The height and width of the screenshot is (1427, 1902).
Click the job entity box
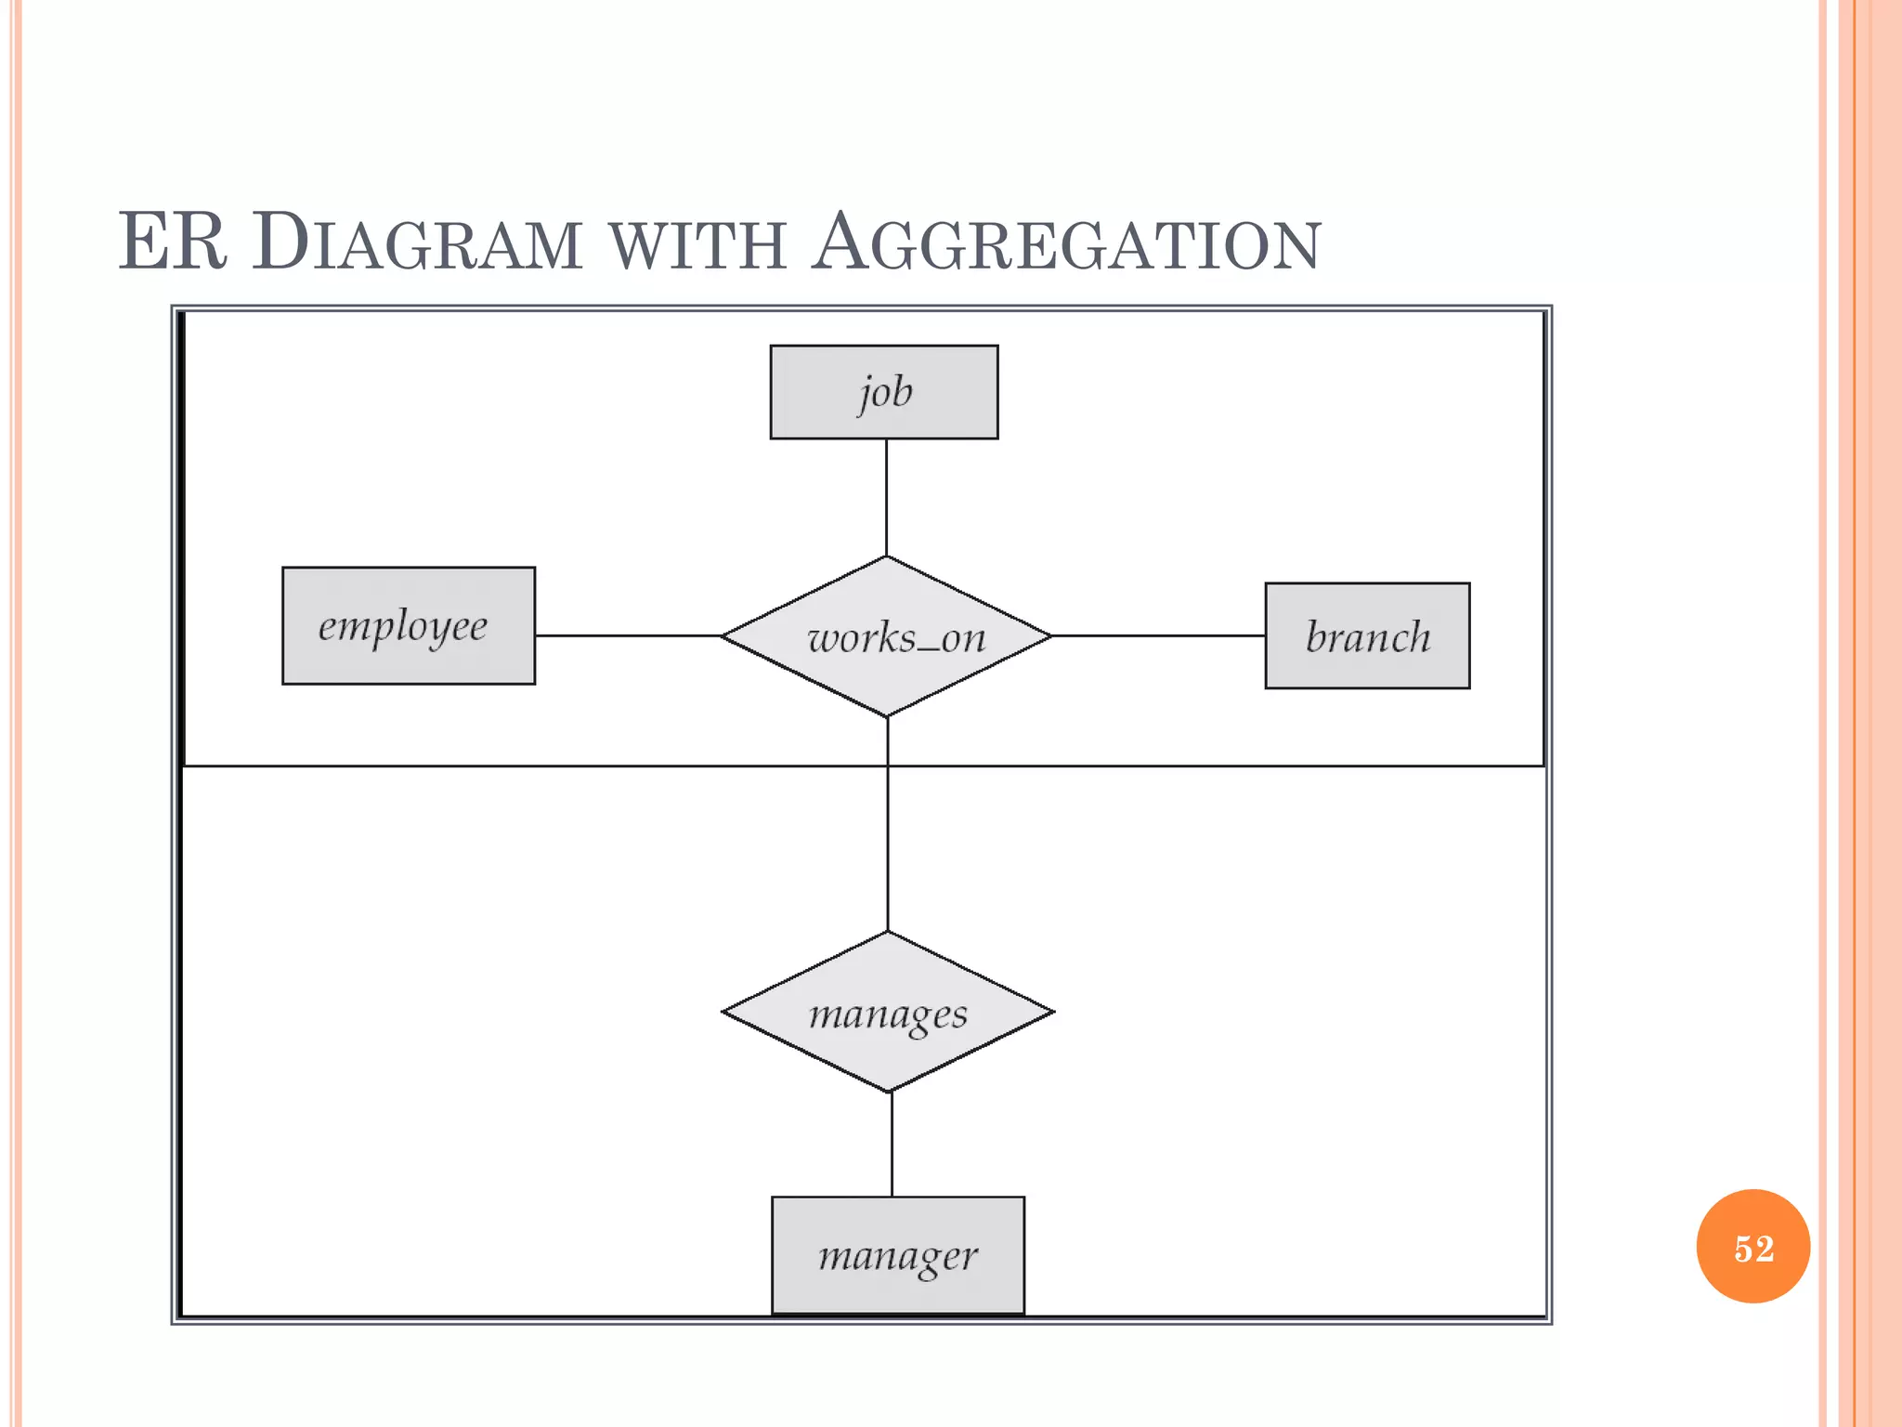[x=884, y=392]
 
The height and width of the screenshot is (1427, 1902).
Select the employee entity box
[x=409, y=626]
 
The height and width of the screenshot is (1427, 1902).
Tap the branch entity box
[x=1367, y=636]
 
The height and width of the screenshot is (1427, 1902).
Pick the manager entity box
[x=898, y=1255]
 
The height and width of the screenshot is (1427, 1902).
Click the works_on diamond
[x=887, y=636]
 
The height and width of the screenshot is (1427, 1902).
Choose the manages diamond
[x=888, y=1012]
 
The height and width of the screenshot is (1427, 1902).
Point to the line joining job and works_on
[x=886, y=497]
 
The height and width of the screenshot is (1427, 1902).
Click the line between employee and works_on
[x=628, y=635]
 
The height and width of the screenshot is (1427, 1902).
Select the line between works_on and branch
[x=1158, y=635]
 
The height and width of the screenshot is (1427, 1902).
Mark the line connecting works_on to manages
[x=888, y=836]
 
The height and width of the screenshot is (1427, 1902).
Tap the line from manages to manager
[x=892, y=1145]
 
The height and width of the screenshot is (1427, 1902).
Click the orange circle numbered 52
[x=1752, y=1247]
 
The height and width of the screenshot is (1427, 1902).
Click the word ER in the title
[x=173, y=242]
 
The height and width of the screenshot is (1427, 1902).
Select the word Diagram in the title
[x=417, y=243]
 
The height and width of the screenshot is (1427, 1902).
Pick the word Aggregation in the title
[x=1065, y=243]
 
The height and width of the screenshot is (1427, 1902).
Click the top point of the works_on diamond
[x=887, y=557]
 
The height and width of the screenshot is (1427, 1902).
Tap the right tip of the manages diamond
[x=1052, y=1012]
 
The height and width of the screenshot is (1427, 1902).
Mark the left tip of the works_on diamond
[x=723, y=635]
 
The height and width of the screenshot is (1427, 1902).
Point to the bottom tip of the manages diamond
[x=889, y=1091]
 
